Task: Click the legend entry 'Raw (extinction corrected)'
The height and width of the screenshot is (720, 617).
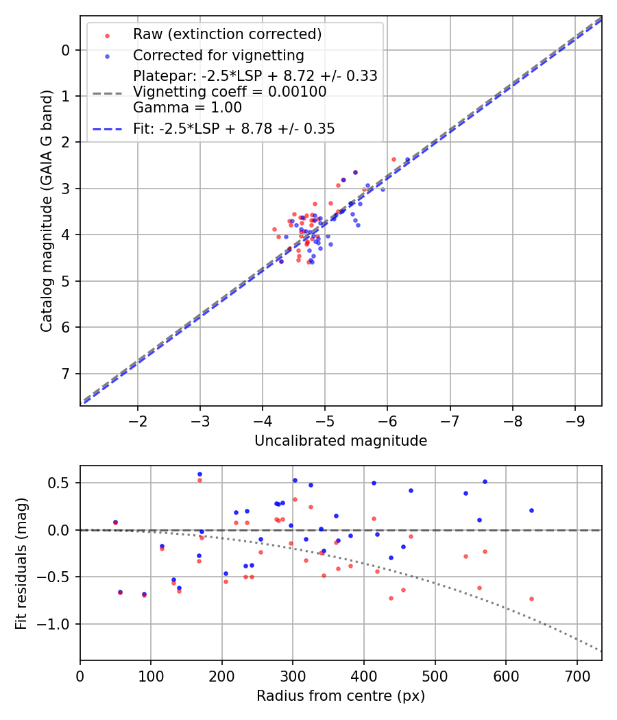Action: point(227,34)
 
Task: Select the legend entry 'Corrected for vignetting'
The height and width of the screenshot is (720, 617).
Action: point(218,55)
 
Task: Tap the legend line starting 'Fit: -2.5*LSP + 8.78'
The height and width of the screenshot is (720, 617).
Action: point(234,129)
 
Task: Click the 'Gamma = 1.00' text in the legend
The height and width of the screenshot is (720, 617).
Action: point(187,107)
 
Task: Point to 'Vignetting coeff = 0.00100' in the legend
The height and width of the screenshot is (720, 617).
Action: point(230,92)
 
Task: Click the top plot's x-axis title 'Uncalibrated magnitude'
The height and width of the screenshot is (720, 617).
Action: point(341,441)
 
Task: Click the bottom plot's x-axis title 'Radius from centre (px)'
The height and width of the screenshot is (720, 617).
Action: point(341,696)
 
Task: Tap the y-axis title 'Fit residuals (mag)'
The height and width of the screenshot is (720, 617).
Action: point(22,563)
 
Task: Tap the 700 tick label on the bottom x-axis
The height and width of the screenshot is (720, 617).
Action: point(577,675)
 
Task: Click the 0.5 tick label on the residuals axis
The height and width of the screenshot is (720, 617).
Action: point(62,483)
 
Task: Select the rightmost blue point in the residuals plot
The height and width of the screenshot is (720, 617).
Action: point(531,510)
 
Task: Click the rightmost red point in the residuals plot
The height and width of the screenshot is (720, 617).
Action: point(531,599)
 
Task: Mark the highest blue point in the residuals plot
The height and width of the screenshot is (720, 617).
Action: point(199,474)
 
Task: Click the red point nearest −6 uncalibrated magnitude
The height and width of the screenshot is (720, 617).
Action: point(394,159)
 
